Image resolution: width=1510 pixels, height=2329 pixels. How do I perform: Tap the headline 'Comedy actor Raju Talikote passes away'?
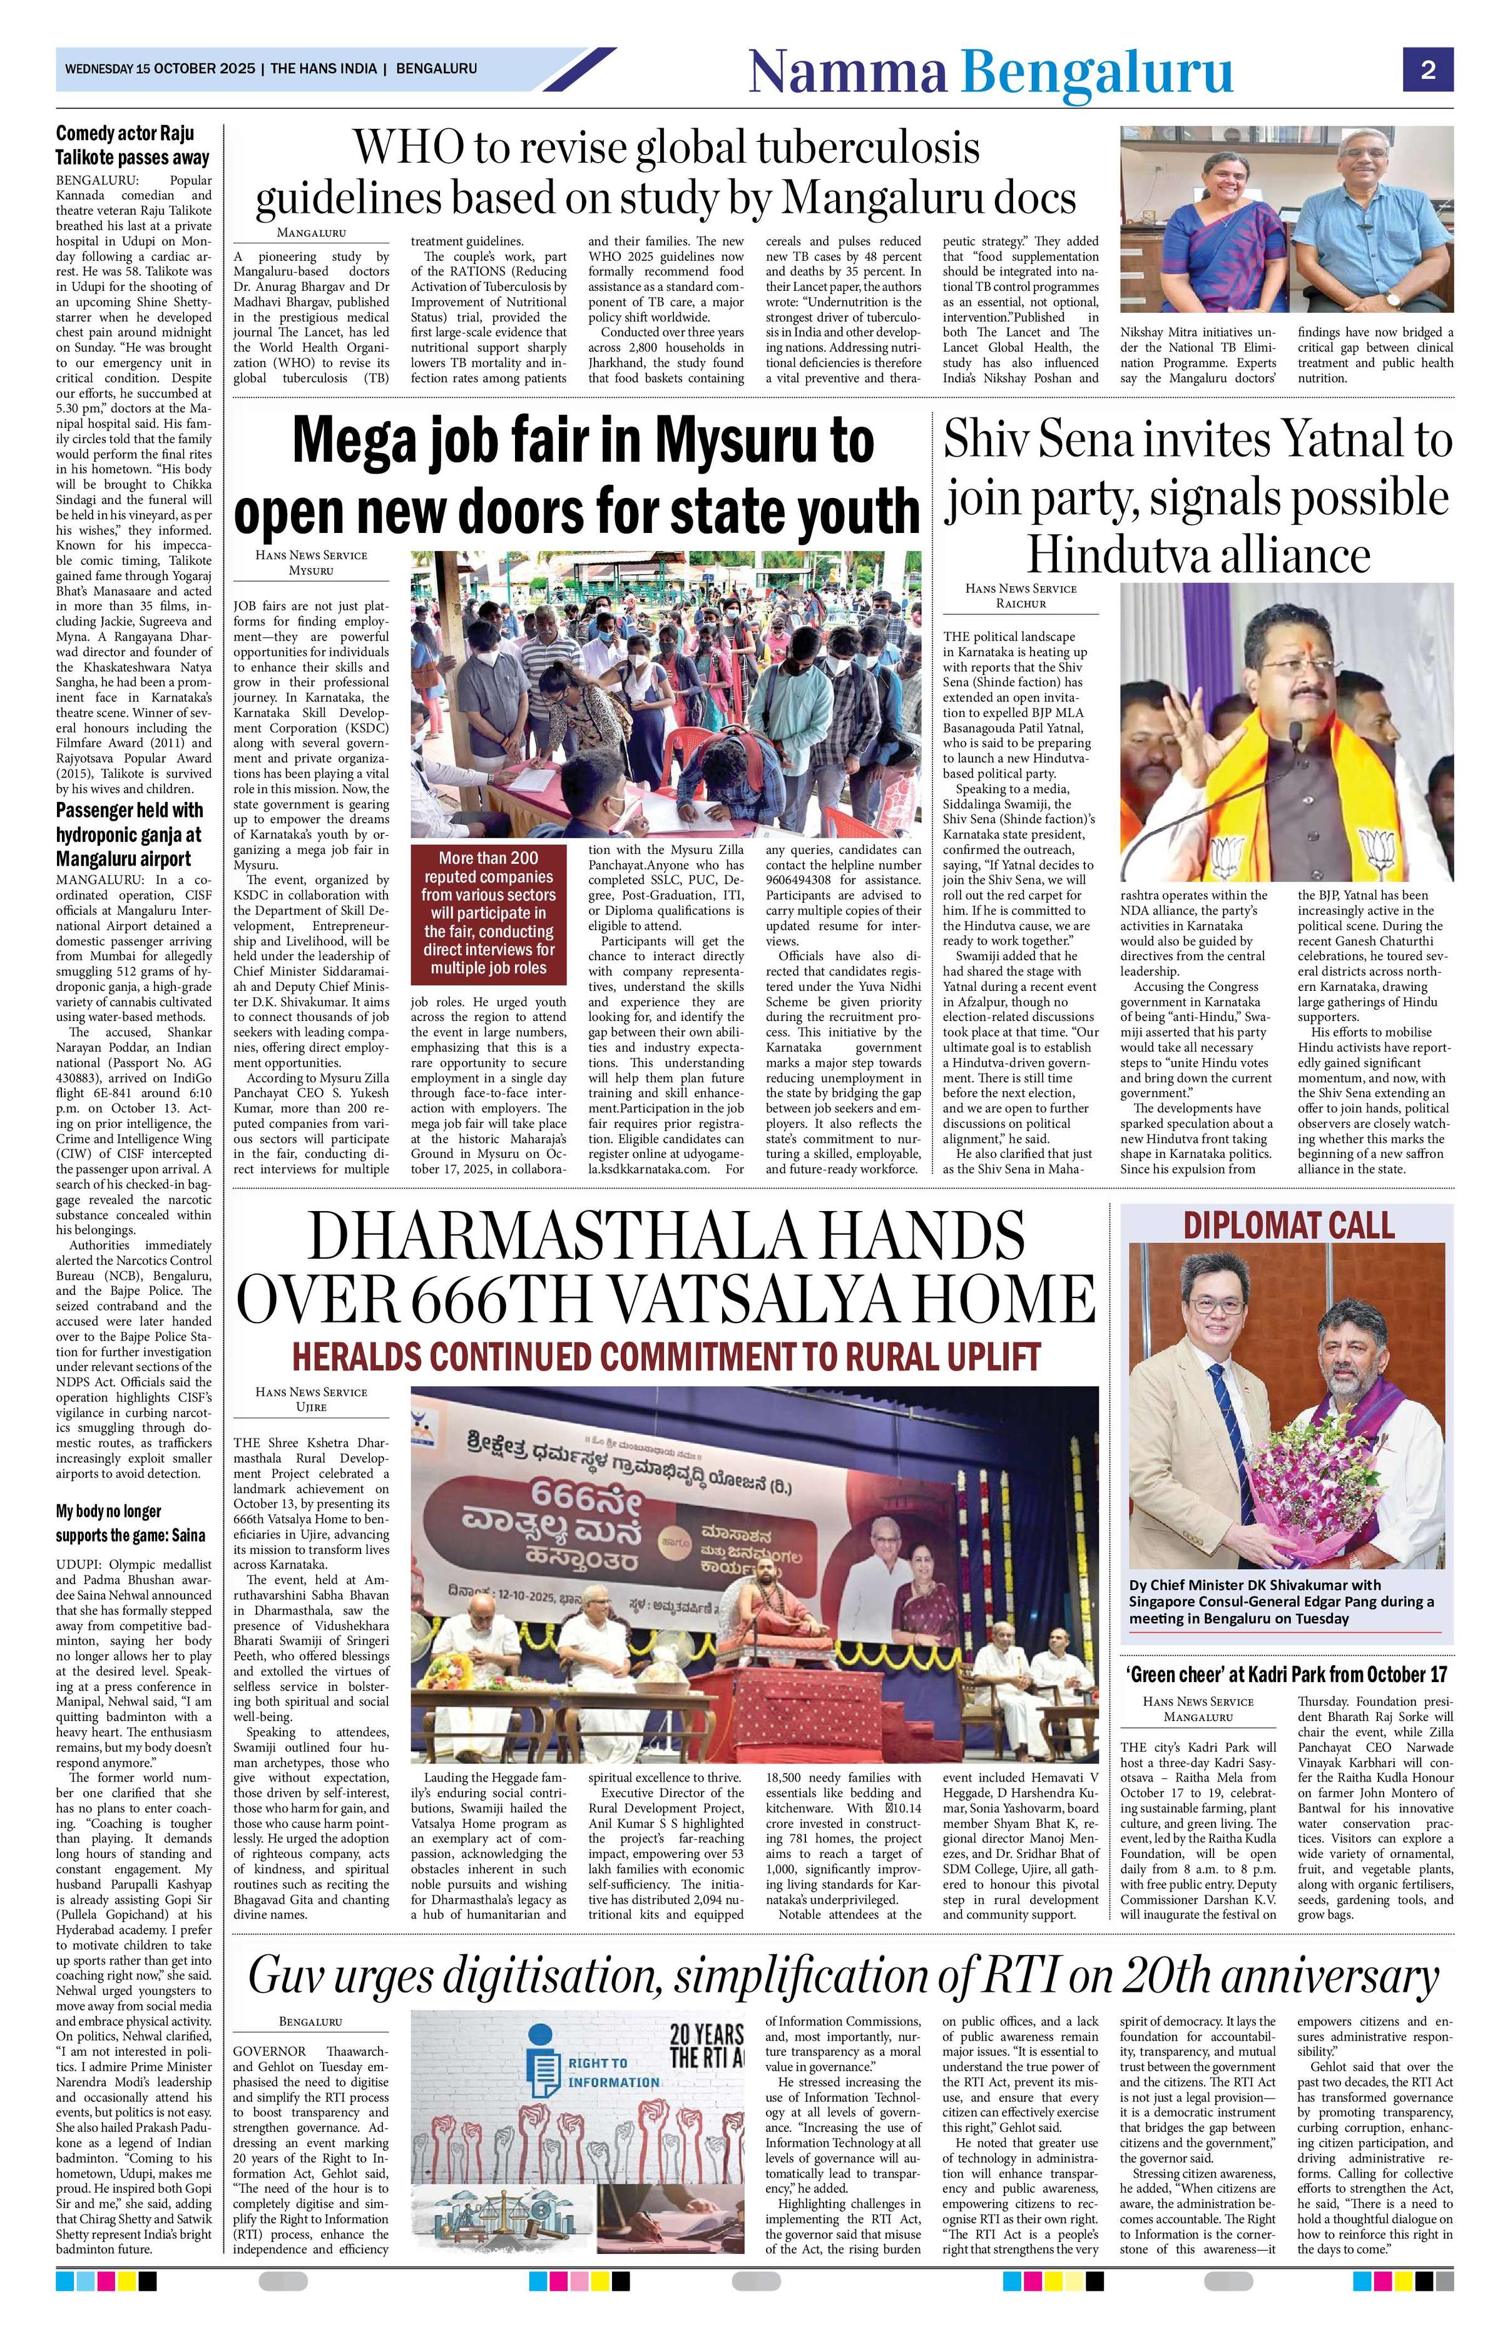pos(132,144)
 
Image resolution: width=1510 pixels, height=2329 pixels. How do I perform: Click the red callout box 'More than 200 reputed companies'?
pos(488,913)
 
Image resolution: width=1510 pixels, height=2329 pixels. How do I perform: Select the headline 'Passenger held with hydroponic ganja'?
pos(130,834)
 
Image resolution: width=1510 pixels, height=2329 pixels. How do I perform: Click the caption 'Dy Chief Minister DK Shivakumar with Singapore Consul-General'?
pos(1282,1601)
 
